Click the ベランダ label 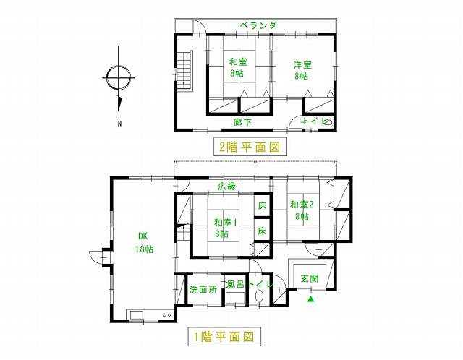[258, 25]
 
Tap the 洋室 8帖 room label [302, 71]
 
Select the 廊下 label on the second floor [243, 122]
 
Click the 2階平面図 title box [250, 147]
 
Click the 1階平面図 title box [224, 336]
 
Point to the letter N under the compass [119, 124]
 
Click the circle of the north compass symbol [119, 77]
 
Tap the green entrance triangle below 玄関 [310, 299]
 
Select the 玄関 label [310, 278]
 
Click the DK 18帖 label [144, 243]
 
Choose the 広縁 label [227, 187]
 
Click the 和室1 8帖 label [225, 228]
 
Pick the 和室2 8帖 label [302, 210]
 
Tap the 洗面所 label [203, 290]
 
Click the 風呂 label [235, 284]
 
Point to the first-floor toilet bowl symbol [259, 296]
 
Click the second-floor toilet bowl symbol [328, 121]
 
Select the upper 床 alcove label [262, 206]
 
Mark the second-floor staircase [184, 71]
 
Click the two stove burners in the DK [167, 315]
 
